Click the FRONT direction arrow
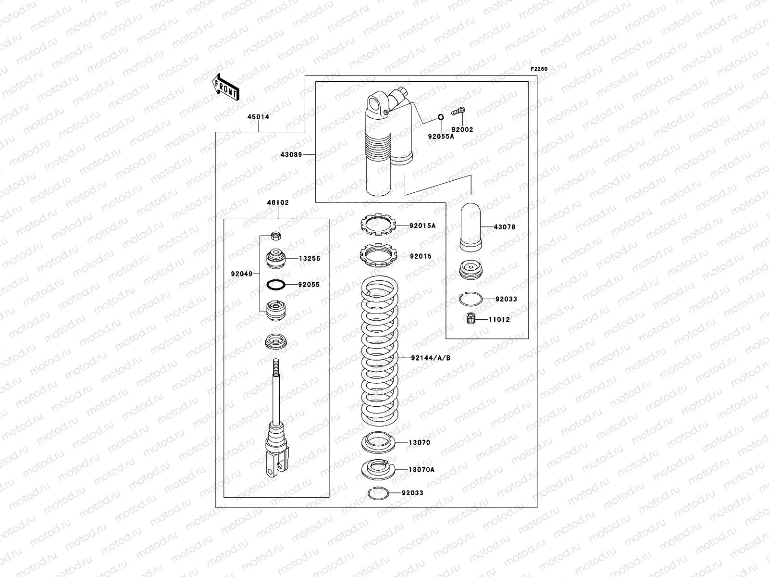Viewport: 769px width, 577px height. point(225,87)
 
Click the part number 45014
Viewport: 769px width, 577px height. point(258,117)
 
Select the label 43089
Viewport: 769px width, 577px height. point(291,154)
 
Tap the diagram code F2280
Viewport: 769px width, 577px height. point(539,69)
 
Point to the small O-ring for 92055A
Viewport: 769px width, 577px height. point(440,118)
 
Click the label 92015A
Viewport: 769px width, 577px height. point(422,225)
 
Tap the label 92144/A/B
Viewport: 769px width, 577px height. point(430,358)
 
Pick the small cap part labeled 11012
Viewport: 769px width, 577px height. point(470,319)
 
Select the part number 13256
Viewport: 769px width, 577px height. point(310,258)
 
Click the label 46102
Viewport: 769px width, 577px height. point(278,202)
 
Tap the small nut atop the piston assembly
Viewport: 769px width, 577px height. point(276,236)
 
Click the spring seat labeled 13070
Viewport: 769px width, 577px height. point(378,442)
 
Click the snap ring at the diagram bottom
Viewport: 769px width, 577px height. point(377,493)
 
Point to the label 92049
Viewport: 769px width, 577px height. point(242,274)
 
